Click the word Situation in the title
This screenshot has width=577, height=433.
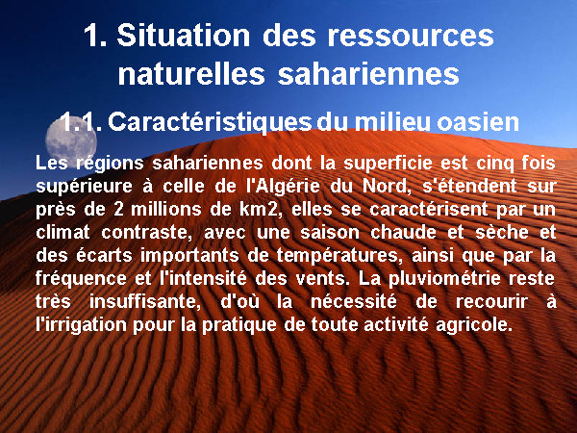click(184, 36)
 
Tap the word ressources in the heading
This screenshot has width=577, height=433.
click(411, 37)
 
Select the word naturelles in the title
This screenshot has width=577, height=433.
click(191, 74)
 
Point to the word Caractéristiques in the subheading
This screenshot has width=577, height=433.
click(210, 122)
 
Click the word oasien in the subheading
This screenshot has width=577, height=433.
click(478, 122)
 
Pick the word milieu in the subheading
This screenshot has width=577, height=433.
click(393, 122)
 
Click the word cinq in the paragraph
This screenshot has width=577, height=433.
click(495, 164)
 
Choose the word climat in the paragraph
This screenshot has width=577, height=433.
click(63, 232)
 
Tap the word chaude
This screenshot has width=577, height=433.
click(403, 232)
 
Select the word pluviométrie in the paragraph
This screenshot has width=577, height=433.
click(444, 279)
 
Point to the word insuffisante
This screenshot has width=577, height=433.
click(145, 302)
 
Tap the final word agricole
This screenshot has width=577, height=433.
click(474, 325)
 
